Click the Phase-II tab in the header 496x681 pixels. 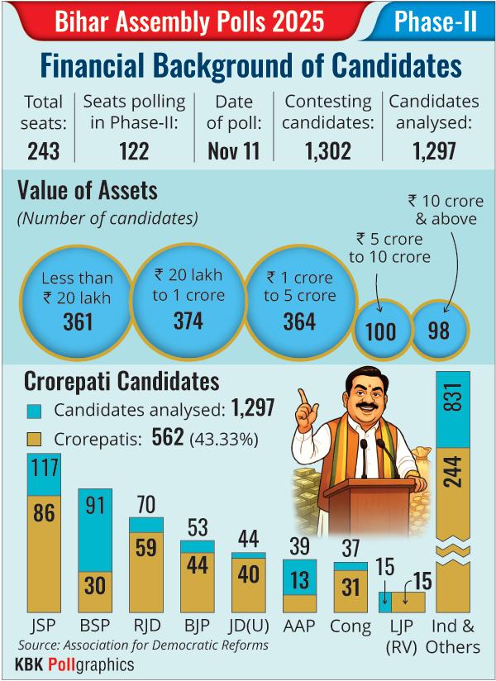click(x=435, y=21)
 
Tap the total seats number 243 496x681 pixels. click(x=43, y=150)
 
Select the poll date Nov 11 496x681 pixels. click(x=227, y=150)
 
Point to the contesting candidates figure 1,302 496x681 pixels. click(x=328, y=150)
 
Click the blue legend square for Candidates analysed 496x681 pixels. click(x=34, y=411)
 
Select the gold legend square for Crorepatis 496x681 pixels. click(x=34, y=440)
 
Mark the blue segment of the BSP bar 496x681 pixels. click(x=95, y=529)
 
